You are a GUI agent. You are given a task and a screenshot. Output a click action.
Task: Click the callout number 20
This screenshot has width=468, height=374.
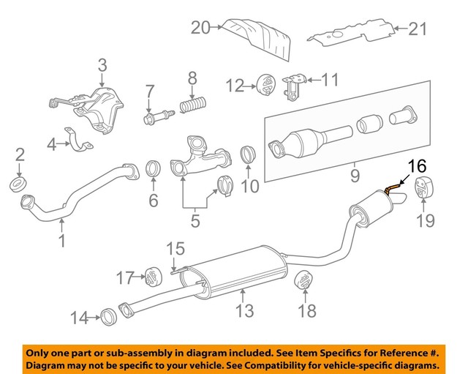pyautogui.click(x=200, y=28)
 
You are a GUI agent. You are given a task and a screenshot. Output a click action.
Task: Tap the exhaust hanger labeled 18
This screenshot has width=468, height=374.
pyautogui.click(x=302, y=283)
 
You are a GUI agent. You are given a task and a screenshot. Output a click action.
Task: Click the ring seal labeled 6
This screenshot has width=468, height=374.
pyautogui.click(x=154, y=169)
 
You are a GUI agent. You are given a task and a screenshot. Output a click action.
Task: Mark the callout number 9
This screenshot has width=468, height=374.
pyautogui.click(x=354, y=176)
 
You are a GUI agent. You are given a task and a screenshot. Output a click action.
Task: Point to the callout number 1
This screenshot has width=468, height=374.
pyautogui.click(x=62, y=240)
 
